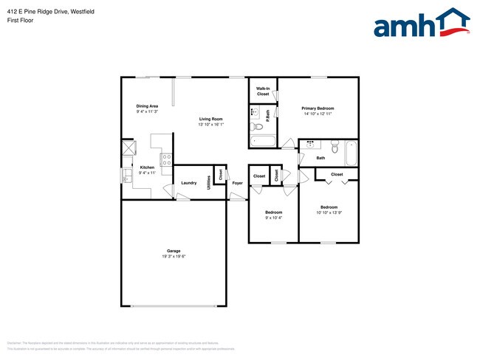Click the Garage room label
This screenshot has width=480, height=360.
(174, 251)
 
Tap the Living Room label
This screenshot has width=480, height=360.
(210, 119)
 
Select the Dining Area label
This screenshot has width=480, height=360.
(147, 105)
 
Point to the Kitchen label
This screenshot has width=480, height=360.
(146, 167)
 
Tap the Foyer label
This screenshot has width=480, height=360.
(237, 182)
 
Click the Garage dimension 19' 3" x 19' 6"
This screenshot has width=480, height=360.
(174, 257)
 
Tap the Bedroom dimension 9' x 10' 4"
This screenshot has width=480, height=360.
(273, 218)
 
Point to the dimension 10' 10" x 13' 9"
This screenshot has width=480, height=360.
(329, 212)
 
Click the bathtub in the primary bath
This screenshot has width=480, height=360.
(263, 142)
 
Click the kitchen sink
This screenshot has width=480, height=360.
(126, 176)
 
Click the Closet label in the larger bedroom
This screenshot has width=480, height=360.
(337, 174)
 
